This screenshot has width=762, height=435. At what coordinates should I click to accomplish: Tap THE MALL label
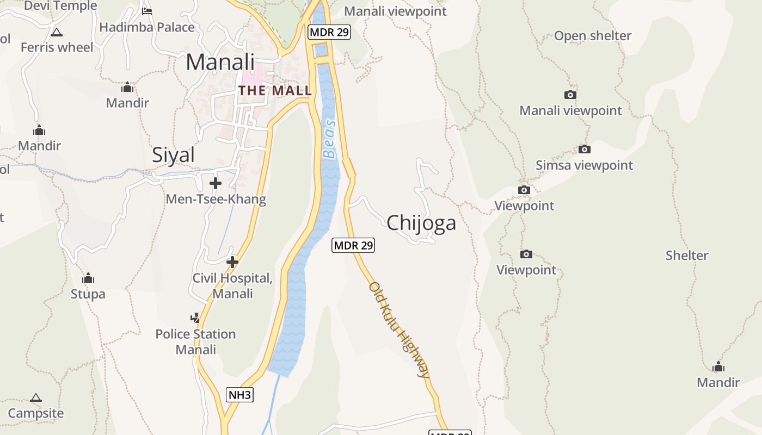275,90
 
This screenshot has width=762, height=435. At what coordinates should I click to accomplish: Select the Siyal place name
173,155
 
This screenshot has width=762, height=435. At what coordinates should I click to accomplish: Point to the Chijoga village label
421,223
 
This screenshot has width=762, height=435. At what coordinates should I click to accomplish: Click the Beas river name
329,139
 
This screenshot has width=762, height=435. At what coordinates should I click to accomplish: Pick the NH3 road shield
240,395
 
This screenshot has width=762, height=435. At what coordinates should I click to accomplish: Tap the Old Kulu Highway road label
400,330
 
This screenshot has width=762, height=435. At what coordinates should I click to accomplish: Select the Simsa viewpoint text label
584,165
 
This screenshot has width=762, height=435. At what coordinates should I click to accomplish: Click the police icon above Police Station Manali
195,318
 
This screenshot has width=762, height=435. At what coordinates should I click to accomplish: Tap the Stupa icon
88,278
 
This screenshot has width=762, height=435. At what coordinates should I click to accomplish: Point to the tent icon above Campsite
36,397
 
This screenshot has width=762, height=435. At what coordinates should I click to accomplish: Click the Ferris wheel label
57,47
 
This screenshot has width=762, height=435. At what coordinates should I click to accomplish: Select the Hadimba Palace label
147,27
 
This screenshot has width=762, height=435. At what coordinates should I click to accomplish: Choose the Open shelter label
593,36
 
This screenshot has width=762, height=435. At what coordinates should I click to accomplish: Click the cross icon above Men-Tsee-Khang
216,183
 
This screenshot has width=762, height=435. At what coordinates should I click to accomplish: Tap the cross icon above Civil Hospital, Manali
232,263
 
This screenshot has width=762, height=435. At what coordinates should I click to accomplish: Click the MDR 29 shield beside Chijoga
353,245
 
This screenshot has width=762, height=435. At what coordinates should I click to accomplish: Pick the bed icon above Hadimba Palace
146,11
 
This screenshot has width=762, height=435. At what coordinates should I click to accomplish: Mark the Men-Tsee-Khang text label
216,199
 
